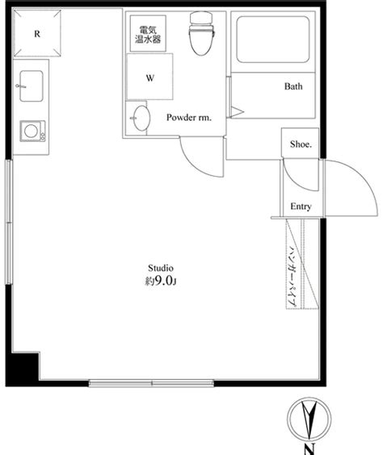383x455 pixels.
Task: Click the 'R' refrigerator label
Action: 38,34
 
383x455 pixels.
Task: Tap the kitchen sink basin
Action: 31,81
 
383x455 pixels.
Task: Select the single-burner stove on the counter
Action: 33,129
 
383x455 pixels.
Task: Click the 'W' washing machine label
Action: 150,78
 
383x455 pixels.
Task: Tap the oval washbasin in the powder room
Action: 141,118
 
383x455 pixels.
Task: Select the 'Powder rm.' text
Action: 188,118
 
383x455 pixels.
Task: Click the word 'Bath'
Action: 293,86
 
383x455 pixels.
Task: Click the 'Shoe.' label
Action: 301,144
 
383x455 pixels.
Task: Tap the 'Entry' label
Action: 301,207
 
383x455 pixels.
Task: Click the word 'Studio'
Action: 160,268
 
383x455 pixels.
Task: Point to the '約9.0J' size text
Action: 160,282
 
